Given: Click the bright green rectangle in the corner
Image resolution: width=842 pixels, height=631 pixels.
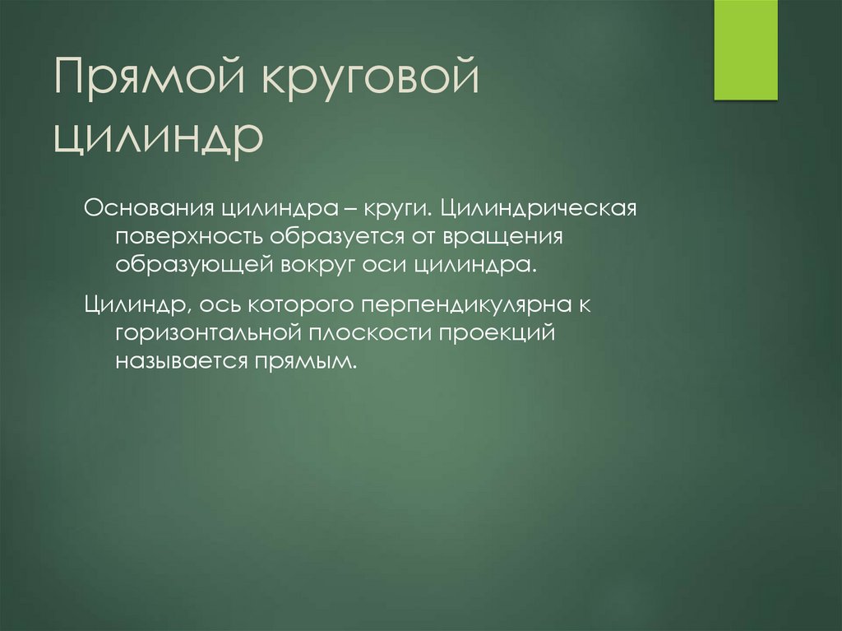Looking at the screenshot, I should [745, 49].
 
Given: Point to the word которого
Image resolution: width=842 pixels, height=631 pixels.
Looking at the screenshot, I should [303, 304].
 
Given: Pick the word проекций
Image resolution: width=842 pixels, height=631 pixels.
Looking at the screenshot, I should [493, 334].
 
